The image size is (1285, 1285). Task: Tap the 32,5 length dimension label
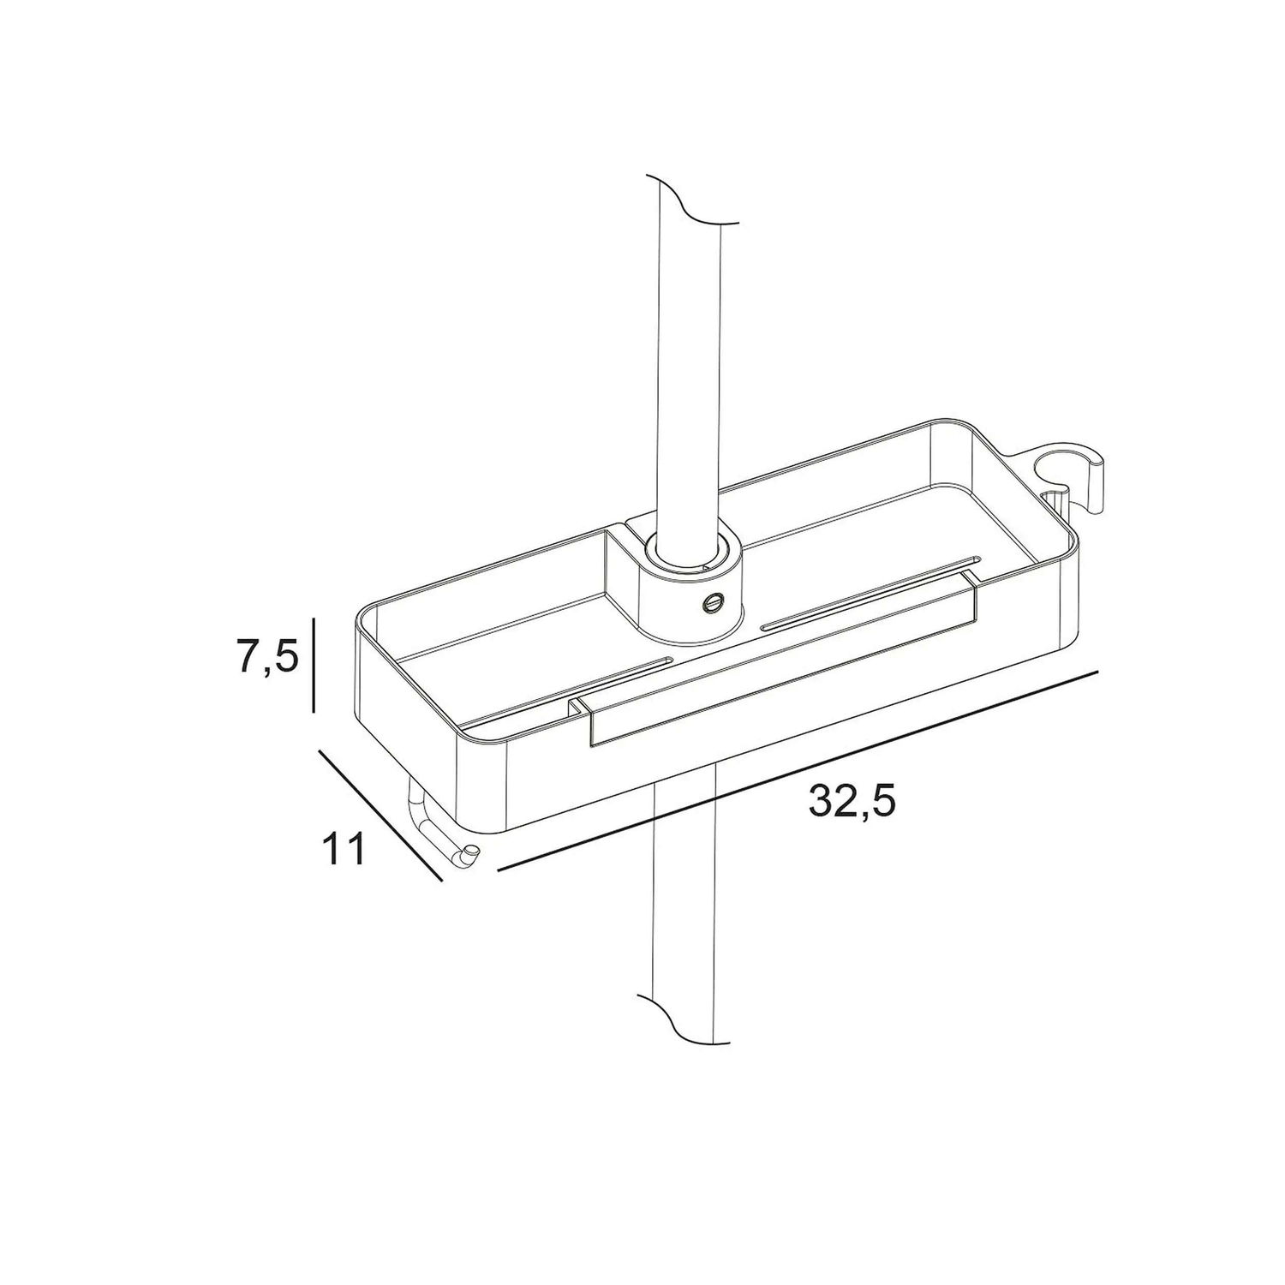852,803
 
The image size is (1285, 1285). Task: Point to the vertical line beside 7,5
314,665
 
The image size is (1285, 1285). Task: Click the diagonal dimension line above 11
380,816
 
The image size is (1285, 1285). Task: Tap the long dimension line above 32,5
798,771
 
